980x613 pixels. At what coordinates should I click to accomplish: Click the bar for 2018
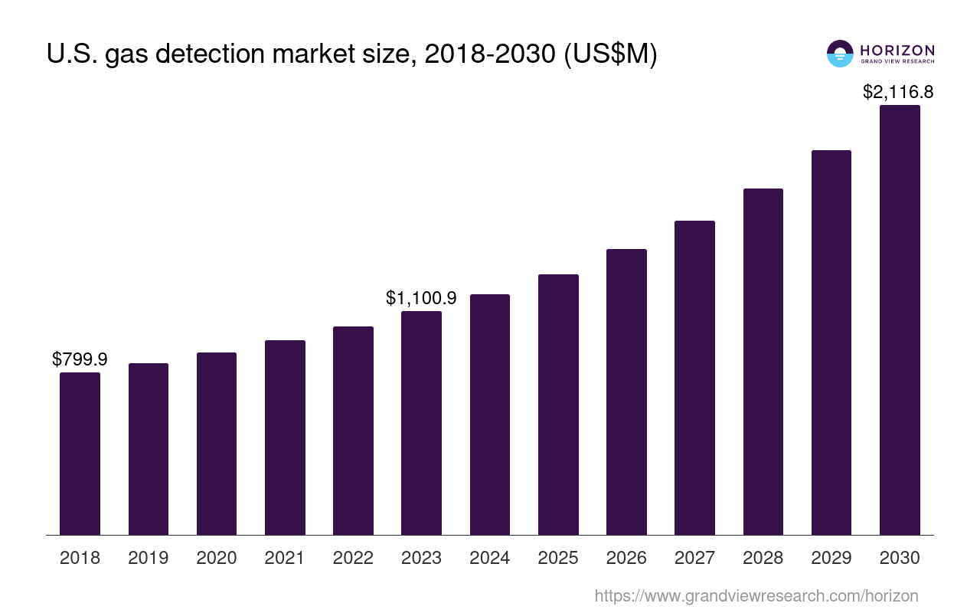pos(80,454)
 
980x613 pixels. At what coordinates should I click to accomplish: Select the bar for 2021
pos(285,438)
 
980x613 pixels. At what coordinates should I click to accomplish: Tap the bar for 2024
pos(490,415)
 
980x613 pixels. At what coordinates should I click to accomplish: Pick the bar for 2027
pos(694,378)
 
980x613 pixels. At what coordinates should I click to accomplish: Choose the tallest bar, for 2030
pos(900,320)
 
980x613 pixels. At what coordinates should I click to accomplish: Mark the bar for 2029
pos(831,343)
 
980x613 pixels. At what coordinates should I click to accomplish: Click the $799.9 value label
pos(80,359)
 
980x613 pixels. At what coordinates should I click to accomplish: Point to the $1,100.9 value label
pos(421,298)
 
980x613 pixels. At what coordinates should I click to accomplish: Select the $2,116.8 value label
pos(898,92)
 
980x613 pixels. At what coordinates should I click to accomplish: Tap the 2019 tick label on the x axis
pos(148,558)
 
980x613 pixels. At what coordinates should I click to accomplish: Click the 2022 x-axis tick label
pos(353,558)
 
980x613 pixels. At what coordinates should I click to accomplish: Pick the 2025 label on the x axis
pos(558,558)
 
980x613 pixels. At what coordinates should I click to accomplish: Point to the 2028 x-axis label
pos(763,558)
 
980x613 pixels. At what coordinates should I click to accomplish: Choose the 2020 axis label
pos(217,558)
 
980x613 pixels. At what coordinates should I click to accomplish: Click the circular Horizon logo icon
pos(840,54)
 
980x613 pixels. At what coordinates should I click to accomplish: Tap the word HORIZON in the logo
pos(897,50)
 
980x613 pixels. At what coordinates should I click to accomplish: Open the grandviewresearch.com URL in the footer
pos(756,595)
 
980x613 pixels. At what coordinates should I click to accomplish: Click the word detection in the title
pos(240,55)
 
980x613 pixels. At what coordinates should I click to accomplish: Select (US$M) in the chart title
pos(610,55)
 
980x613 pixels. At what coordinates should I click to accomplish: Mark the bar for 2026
pos(626,392)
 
